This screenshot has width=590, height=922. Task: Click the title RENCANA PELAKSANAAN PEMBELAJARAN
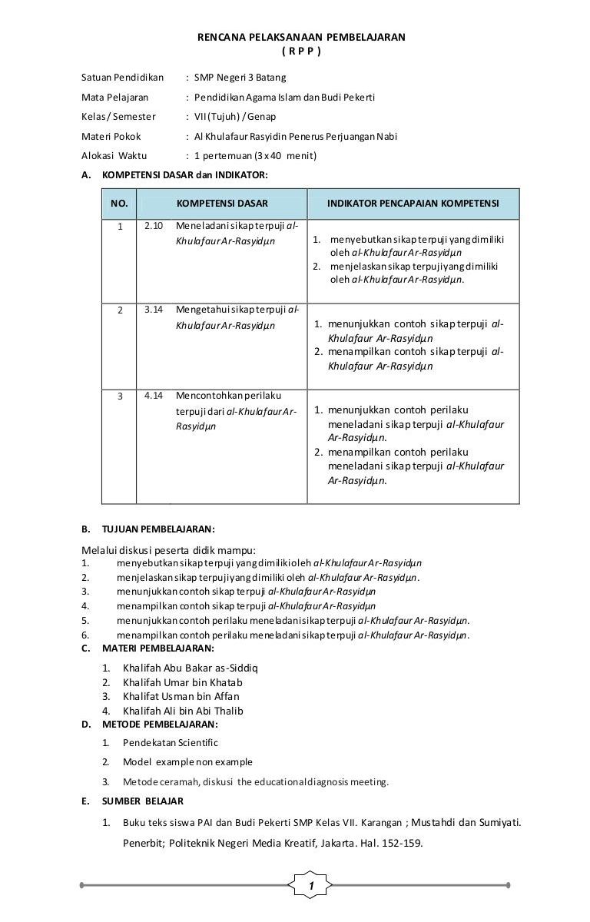(301, 37)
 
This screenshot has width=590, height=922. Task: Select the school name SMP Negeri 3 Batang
(240, 78)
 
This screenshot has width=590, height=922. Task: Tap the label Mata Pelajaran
(114, 98)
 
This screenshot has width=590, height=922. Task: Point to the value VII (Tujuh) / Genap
(234, 117)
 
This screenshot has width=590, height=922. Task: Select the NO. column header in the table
(119, 204)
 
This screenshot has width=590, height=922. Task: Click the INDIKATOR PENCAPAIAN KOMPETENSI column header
(413, 204)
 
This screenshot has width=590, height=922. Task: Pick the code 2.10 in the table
(154, 227)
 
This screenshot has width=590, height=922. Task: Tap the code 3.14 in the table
(154, 310)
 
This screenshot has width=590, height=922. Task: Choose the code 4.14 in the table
(154, 396)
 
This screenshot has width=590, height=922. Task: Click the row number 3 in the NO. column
(119, 397)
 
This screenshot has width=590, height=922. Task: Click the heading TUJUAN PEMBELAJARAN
(158, 529)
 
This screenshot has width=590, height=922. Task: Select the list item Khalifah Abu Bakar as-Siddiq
(190, 668)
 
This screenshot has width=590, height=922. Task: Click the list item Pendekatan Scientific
(170, 743)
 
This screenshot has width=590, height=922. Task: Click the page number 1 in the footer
(311, 887)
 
